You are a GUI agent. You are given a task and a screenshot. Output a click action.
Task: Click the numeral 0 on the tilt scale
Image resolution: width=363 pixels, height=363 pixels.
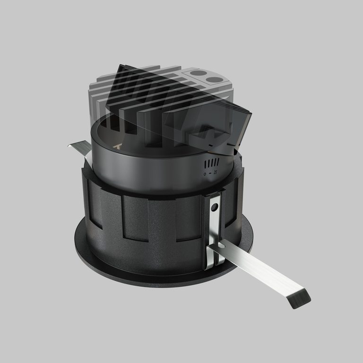point(205,174)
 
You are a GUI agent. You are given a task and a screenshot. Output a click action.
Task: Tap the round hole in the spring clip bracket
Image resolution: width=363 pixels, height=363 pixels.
point(215,207)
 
